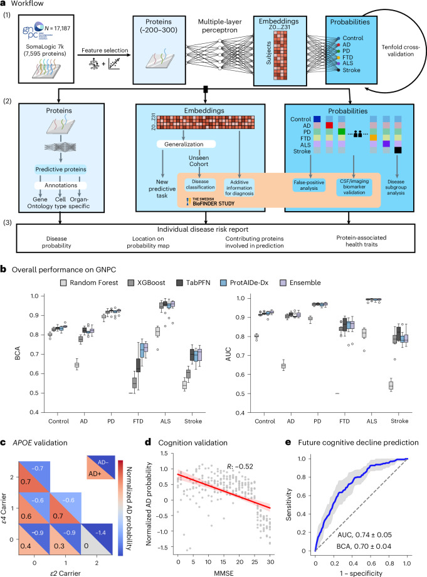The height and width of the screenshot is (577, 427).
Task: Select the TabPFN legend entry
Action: tap(193, 283)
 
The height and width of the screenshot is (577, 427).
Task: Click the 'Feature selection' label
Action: tap(105, 50)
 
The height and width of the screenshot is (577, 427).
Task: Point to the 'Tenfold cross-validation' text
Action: tap(401, 50)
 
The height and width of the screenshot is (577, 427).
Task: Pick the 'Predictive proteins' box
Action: tap(61, 169)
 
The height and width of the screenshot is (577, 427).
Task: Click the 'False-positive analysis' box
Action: tap(308, 185)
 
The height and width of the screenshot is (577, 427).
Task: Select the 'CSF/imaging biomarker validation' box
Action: tap(354, 187)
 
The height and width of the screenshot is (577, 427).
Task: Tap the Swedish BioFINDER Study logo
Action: tap(211, 202)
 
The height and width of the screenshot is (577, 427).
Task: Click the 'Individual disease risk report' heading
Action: tap(203, 229)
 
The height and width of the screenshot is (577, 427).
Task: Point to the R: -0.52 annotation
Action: tap(240, 467)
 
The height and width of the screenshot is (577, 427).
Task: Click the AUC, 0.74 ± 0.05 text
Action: tap(364, 534)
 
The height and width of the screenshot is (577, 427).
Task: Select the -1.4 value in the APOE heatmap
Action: tap(100, 533)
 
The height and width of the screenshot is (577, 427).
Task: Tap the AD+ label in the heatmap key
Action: tap(95, 474)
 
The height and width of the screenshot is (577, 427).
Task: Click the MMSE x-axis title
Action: tap(224, 573)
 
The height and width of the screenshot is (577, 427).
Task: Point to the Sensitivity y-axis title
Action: tap(289, 504)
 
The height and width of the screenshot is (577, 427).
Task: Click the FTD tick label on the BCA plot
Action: tap(138, 421)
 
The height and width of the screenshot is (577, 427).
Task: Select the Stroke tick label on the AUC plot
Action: tap(399, 420)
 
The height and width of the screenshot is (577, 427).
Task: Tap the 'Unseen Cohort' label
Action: tap(199, 161)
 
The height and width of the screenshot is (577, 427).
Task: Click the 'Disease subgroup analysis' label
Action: tap(396, 187)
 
